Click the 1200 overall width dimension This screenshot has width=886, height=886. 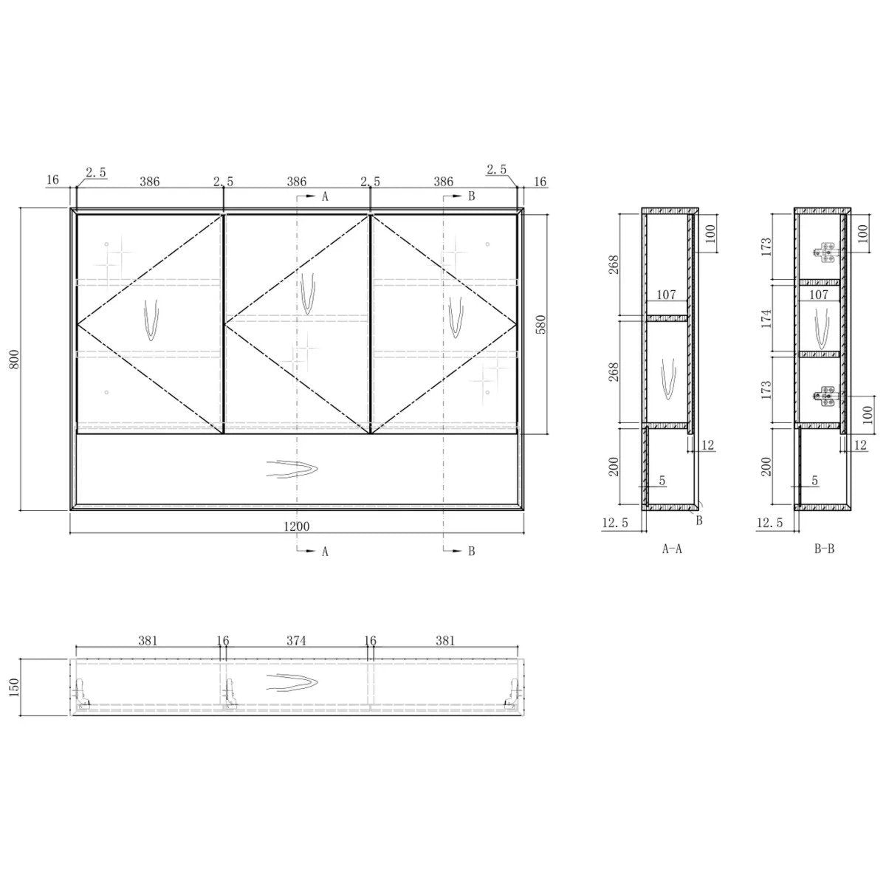(x=297, y=526)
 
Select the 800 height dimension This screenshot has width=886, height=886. (x=16, y=359)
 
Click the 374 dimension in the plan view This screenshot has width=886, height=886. (x=296, y=640)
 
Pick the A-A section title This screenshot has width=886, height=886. (x=672, y=549)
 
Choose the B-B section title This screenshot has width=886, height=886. (x=824, y=549)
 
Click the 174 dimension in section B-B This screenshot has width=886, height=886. (x=766, y=319)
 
